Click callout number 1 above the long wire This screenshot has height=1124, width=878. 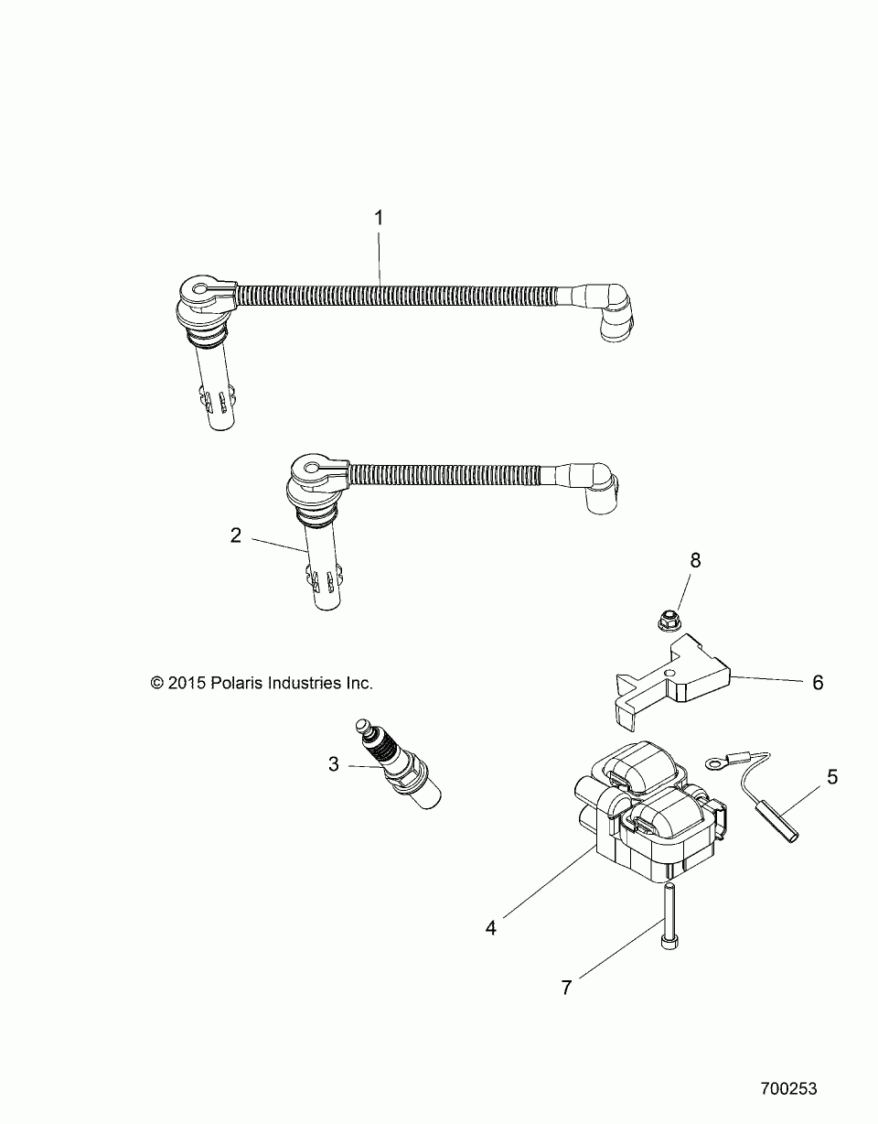click(379, 219)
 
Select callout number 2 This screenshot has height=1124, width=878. click(236, 535)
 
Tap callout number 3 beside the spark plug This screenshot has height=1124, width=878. click(334, 763)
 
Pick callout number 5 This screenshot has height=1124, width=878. click(831, 777)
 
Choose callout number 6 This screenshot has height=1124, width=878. click(818, 682)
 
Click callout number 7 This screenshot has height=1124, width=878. click(566, 988)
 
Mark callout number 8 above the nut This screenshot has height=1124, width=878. click(695, 560)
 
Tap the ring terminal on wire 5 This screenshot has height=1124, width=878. click(714, 761)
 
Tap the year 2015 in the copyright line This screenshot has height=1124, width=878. click(187, 683)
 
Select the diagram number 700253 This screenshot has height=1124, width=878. click(788, 1089)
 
